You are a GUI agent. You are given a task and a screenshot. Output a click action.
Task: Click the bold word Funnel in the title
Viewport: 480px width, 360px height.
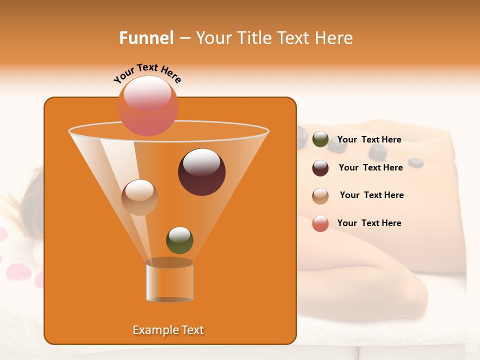pos(146,38)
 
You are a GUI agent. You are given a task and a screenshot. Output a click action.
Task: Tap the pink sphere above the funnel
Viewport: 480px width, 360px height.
pos(147,105)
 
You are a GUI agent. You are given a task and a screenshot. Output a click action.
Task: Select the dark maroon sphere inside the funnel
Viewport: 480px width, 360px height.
pos(201,172)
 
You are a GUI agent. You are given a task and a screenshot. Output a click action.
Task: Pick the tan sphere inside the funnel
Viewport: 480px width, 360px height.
pos(139,197)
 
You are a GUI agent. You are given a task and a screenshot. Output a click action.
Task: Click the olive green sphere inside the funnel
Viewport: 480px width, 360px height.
pos(179,240)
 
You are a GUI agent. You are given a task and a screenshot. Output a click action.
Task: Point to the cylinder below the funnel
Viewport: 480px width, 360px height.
pos(169,280)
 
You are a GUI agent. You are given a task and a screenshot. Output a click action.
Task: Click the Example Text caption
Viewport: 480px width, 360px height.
pos(168,330)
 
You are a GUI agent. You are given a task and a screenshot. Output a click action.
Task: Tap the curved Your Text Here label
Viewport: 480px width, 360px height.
pos(147,72)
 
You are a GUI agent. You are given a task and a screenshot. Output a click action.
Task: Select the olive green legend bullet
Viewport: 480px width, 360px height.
pos(320,139)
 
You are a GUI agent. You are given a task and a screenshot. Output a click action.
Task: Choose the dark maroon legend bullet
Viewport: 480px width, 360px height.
pos(320,168)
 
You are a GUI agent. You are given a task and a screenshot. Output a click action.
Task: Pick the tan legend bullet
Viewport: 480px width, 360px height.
pos(320,196)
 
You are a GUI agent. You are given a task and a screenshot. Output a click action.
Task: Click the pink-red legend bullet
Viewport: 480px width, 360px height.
pos(320,224)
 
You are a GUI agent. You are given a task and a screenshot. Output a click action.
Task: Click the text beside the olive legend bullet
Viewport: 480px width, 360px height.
pos(369,139)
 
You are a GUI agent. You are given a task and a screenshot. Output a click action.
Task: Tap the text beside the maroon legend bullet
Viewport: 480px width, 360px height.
pos(370,167)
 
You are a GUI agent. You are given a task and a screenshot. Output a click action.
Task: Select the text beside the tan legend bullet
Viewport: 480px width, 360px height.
pos(371,195)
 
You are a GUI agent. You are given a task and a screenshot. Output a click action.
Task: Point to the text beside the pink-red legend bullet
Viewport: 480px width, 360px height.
pos(369,223)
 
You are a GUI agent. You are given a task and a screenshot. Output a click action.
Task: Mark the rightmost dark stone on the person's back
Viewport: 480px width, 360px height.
pos(415,162)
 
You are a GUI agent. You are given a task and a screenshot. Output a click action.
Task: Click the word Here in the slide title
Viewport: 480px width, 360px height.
pos(334,38)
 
